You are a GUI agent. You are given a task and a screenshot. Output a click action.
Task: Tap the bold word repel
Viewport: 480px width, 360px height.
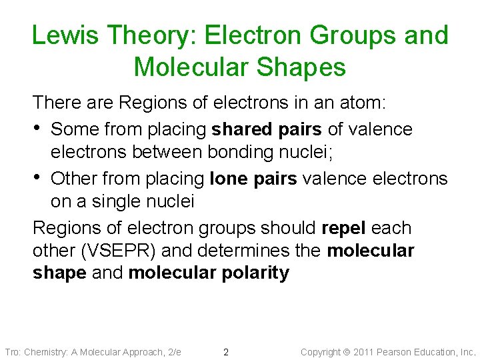[x=343, y=227]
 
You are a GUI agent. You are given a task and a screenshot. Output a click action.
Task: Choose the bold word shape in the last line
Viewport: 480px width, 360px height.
[x=59, y=273]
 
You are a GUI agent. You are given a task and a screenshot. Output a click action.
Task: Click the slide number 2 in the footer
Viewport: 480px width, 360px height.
[x=226, y=352]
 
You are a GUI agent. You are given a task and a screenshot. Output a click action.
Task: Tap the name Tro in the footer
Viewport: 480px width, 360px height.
[x=12, y=352]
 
